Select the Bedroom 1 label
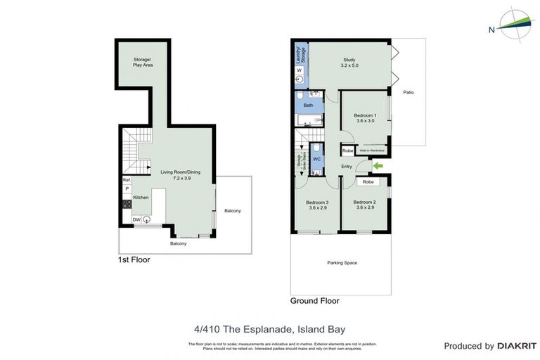(364, 118)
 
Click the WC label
(316, 160)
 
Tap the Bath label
(308, 105)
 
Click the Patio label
(408, 92)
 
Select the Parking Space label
(342, 263)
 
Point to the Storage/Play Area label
(143, 62)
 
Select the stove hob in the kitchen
(127, 204)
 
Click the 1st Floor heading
(134, 259)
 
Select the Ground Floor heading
(315, 300)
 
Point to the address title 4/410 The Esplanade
(270, 328)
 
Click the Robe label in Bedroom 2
(368, 181)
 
